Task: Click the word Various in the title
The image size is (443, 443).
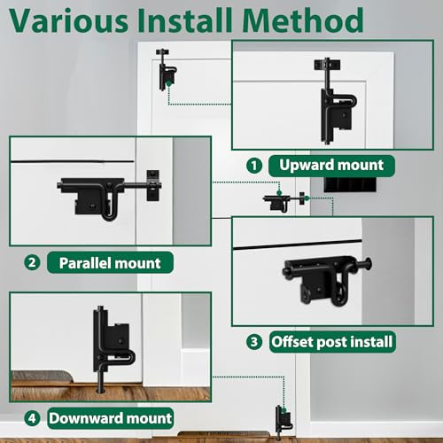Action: coord(69,20)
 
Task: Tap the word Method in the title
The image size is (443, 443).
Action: coord(303,20)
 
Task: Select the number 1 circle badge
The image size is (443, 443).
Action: coord(254,166)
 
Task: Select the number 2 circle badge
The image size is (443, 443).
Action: coord(32,262)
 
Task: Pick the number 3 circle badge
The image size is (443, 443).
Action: coord(254,342)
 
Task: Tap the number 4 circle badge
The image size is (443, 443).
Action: coord(32,418)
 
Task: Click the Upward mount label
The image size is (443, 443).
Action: coord(331,166)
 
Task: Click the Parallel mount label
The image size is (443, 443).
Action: coord(110,262)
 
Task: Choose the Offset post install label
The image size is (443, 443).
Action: coord(332,342)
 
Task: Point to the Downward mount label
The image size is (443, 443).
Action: coord(110,418)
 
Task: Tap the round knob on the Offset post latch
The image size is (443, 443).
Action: coord(368,264)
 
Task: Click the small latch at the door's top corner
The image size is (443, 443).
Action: coord(166,70)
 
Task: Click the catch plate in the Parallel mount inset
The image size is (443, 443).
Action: coord(153,185)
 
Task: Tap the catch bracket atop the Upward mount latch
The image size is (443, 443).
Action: coord(327,65)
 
